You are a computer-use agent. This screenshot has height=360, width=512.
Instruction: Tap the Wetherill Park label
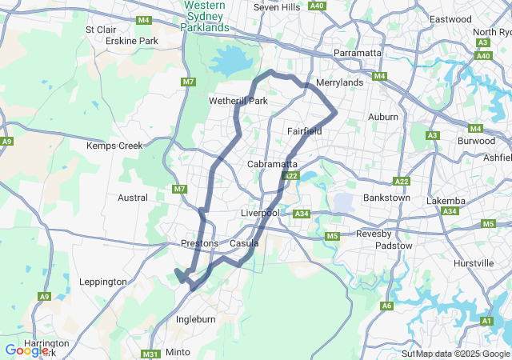[238, 102]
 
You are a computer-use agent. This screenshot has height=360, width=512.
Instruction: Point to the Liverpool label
[260, 214]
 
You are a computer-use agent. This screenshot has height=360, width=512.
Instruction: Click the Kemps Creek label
[114, 146]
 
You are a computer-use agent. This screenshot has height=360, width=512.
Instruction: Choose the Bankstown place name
[386, 198]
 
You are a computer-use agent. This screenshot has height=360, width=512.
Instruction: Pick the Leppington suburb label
[103, 282]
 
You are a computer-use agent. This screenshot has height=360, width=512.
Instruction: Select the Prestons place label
[199, 243]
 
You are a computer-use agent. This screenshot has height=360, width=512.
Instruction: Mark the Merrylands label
[340, 82]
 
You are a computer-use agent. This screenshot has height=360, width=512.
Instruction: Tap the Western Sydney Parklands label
[206, 16]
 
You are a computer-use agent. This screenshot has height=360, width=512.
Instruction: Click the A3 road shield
[433, 135]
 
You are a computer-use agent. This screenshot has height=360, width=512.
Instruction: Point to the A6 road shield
[387, 306]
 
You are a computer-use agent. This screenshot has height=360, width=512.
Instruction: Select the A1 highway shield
[486, 321]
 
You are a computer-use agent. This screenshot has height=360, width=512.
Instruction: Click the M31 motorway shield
[150, 354]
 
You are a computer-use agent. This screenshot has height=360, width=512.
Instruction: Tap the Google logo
[26, 350]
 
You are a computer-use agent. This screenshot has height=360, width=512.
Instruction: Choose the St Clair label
[101, 30]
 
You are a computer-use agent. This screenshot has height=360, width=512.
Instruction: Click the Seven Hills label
[276, 7]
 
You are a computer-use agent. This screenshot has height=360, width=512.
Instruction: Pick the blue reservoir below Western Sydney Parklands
[231, 60]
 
